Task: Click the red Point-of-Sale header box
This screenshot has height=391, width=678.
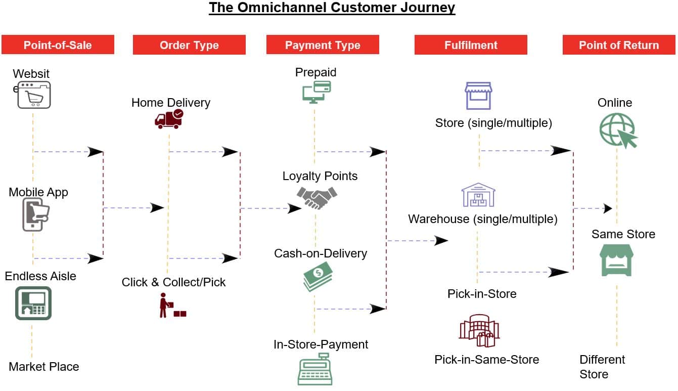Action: point(58,45)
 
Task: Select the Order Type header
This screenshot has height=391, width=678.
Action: point(189,45)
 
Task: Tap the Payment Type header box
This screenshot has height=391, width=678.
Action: point(323,45)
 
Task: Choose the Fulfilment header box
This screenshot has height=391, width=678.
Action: point(471,45)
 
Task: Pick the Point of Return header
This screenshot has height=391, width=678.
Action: point(619,45)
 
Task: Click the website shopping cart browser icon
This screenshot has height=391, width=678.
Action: point(34,95)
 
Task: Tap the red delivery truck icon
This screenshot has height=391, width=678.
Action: point(169,119)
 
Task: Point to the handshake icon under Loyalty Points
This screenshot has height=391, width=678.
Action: point(317,198)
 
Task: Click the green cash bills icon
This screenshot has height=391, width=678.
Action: point(318,277)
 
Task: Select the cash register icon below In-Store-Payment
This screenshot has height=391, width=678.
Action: point(315,369)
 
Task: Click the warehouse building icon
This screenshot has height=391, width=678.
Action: point(478,195)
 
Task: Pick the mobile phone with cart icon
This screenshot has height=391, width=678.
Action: point(36,214)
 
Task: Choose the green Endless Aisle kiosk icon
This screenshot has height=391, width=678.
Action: point(33,303)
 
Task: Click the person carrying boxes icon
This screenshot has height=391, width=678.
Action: point(172,306)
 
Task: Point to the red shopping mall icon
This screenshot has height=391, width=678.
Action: point(479,330)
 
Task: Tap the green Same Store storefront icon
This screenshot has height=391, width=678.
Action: point(616,260)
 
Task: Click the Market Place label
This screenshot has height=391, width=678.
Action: point(44,367)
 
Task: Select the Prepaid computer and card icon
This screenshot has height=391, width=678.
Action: point(317,93)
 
